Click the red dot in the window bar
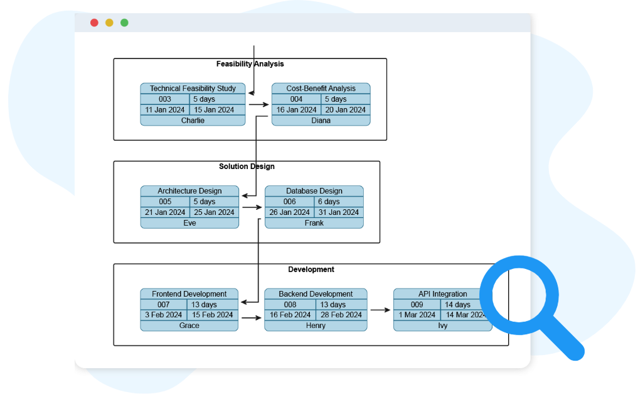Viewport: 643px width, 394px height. [x=94, y=23]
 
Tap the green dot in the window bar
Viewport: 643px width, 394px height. [x=124, y=23]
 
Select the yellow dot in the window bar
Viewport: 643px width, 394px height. [x=109, y=23]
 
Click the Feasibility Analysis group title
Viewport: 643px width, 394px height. [x=250, y=64]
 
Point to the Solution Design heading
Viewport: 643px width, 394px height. [x=247, y=167]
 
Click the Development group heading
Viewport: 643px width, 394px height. [x=311, y=270]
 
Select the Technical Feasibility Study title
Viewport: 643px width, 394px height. [x=193, y=89]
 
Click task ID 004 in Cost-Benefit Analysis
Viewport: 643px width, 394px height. [x=296, y=99]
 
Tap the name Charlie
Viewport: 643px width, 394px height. [x=193, y=121]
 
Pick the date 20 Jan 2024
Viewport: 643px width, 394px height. [x=345, y=110]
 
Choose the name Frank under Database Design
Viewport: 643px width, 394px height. [x=314, y=223]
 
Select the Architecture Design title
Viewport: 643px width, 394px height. [x=189, y=191]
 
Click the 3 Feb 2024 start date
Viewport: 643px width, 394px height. [x=163, y=315]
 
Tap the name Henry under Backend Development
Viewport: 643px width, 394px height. [x=316, y=326]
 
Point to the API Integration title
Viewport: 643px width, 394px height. [x=442, y=294]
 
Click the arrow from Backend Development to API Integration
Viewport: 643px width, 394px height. [x=380, y=310]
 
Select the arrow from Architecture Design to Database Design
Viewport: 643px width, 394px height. [x=252, y=207]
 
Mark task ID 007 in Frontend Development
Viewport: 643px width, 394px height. [x=163, y=305]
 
